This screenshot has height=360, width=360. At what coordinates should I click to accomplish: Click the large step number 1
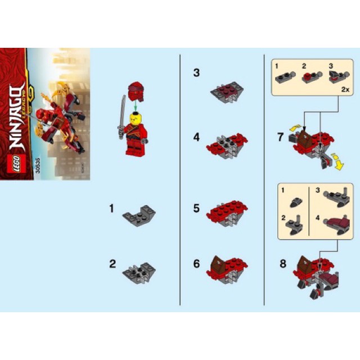tap(112, 208)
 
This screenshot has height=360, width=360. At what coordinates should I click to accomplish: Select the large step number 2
tap(112, 263)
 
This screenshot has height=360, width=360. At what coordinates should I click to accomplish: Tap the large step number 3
tap(196, 73)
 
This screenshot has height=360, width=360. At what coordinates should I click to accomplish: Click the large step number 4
tap(196, 137)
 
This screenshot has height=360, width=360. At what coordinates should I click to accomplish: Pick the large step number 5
tap(196, 208)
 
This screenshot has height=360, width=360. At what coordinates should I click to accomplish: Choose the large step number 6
tap(196, 263)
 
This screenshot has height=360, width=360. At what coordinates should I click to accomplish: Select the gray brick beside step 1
tap(140, 214)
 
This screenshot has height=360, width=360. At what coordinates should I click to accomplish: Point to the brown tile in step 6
tap(218, 262)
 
